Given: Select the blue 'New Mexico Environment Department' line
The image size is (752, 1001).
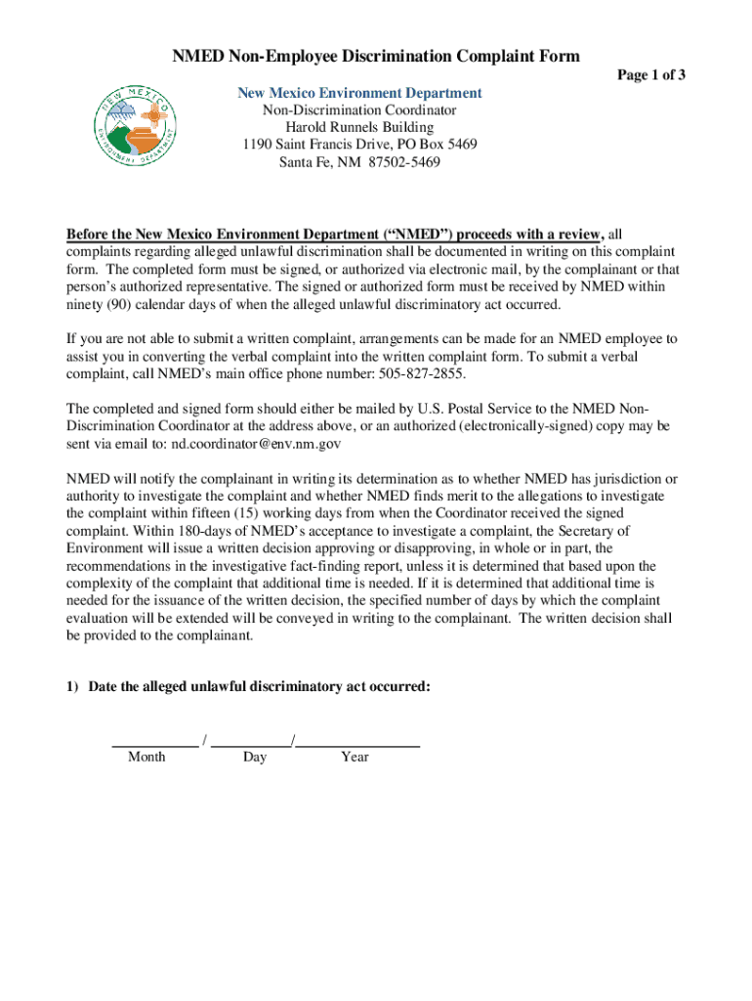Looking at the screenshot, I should (360, 93).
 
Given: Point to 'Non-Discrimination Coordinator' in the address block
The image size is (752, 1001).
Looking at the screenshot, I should (359, 110).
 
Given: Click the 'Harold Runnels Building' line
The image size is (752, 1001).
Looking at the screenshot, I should (359, 128).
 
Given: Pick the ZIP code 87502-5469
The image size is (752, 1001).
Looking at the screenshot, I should (401, 163).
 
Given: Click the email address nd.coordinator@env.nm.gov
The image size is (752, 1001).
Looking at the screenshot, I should (257, 443).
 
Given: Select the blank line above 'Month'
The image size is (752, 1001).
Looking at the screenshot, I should (154, 745).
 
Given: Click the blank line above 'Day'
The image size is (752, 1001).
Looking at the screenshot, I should (251, 745).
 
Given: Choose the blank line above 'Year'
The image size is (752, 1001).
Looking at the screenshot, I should (357, 745).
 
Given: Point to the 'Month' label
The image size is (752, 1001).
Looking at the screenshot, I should (146, 757).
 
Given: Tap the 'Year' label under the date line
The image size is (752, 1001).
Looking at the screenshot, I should (355, 757).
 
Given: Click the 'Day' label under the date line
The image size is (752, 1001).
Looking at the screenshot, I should (255, 757).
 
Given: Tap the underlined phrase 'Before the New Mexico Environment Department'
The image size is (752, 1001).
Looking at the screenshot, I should (228, 235).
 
